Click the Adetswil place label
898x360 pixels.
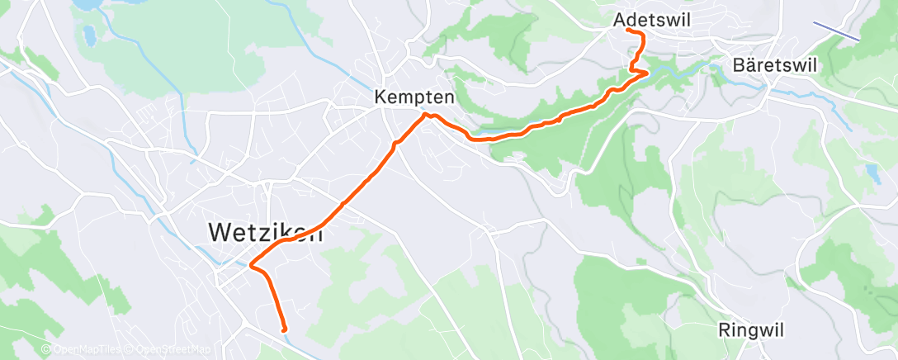(652, 19)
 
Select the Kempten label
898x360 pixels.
(414, 97)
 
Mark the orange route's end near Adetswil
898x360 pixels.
(628, 30)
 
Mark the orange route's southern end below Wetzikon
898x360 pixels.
(284, 329)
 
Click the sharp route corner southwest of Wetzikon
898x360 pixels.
(250, 265)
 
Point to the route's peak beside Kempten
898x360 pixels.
(428, 115)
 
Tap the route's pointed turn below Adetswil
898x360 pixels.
(648, 73)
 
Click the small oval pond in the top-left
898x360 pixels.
(87, 36)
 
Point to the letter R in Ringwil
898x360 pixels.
(725, 329)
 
